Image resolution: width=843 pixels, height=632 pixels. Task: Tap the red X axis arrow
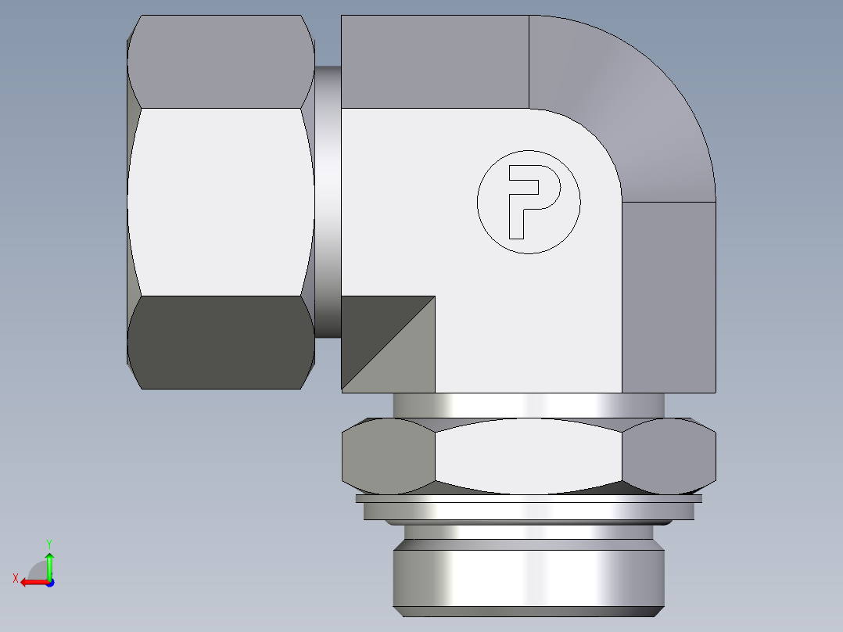(x=31, y=582)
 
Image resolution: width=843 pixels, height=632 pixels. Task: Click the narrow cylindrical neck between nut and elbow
(x=328, y=202)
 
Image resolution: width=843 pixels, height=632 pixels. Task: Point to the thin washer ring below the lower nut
(x=529, y=499)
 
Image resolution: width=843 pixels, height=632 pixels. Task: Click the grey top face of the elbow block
(x=435, y=61)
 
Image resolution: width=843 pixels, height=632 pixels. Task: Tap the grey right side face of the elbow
(x=669, y=297)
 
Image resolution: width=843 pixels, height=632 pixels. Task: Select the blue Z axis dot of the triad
(x=49, y=583)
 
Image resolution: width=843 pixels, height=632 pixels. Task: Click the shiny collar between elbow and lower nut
(x=529, y=405)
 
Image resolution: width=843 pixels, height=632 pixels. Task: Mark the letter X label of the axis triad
(x=15, y=579)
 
